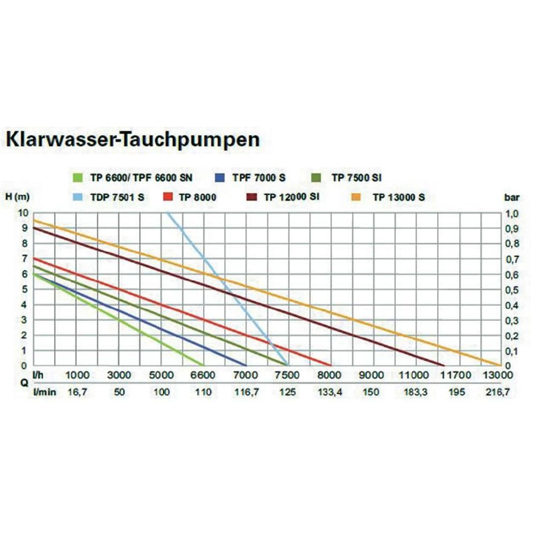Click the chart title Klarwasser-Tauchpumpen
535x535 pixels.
tap(133, 140)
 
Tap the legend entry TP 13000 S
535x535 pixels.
tap(399, 197)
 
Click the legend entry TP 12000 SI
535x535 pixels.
tap(292, 197)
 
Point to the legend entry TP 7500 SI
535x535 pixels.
tap(356, 178)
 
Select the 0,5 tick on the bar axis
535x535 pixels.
tap(512, 289)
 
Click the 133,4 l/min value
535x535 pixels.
tap(329, 393)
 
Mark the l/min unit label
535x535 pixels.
tap(44, 393)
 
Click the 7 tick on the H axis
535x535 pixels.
tap(25, 259)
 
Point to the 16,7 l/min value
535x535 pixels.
tap(78, 393)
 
